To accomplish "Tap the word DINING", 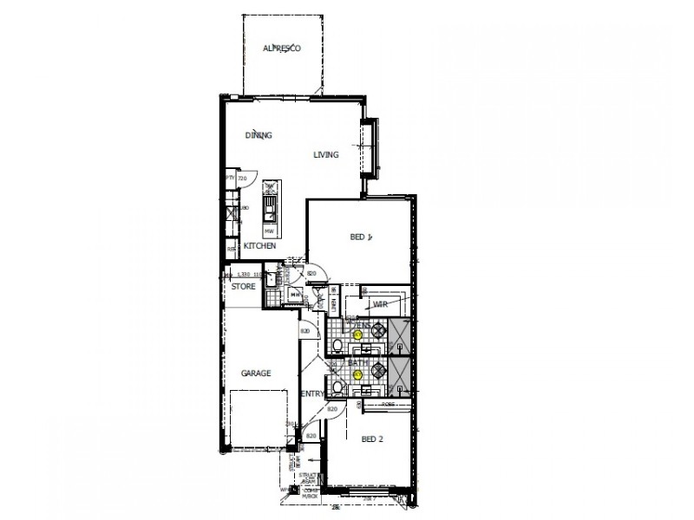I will tap(259, 135).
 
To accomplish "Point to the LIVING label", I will tap(325, 155).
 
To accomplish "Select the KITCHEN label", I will tap(259, 246).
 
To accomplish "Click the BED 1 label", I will tap(360, 237).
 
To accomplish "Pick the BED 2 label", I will tap(370, 439).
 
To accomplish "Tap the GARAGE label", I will tap(256, 374).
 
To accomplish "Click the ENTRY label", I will tap(312, 394).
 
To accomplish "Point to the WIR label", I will tap(379, 304).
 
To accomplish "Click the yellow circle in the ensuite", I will tap(357, 334).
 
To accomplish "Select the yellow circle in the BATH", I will tap(357, 375).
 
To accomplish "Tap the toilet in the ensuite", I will tap(335, 346).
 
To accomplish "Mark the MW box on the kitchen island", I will tap(269, 231).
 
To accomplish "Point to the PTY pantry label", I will tap(230, 178).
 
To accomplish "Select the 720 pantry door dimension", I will tap(243, 178).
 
